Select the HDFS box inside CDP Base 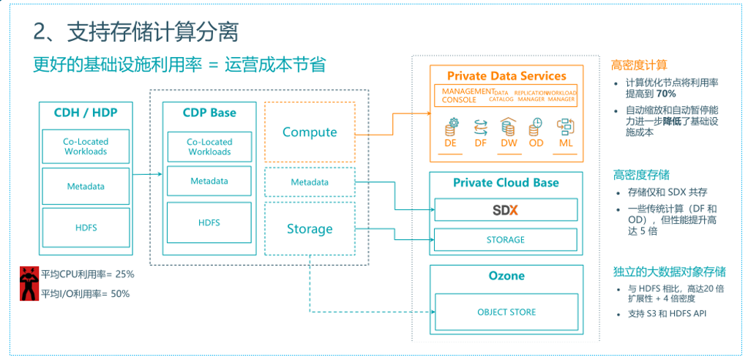coord(209,222)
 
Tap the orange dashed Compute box coord(310,132)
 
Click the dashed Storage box coord(310,229)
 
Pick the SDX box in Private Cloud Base coord(505,210)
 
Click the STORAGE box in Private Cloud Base coord(505,240)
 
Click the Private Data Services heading coord(506,76)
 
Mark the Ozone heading coord(506,277)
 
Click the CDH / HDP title coord(86,113)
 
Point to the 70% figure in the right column coord(665,94)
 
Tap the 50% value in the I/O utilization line coord(120,294)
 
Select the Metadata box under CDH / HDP coord(86,187)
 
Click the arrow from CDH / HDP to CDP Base coord(146,174)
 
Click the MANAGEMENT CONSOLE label coord(464,96)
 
